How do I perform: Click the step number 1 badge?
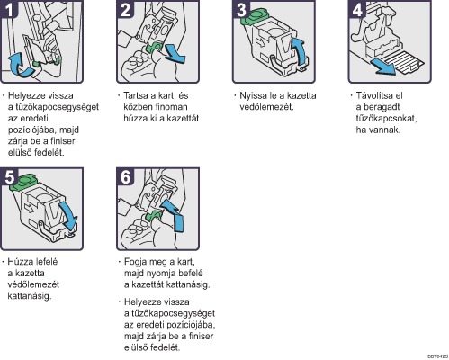tap(8, 9)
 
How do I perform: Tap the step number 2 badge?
tap(125, 9)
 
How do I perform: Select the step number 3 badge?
tap(241, 9)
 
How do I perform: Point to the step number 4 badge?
tap(356, 9)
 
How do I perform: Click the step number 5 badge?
tap(9, 176)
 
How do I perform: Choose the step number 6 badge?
tap(125, 176)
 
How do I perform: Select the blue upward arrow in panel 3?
tap(301, 52)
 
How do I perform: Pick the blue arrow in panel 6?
tap(174, 214)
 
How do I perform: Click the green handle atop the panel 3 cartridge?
tap(255, 16)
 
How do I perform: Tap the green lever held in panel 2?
tap(154, 48)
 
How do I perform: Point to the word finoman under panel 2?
tap(171, 107)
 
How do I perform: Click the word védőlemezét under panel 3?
tap(266, 107)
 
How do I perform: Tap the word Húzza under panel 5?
tap(20, 262)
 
